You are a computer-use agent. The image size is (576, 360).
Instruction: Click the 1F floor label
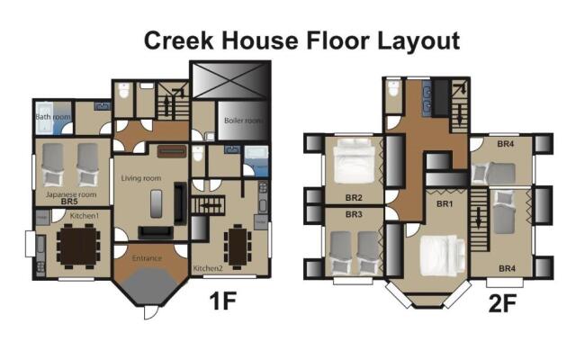pos(222,301)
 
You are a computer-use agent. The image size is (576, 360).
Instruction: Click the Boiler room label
pos(242,120)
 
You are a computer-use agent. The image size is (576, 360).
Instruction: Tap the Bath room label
pos(52,116)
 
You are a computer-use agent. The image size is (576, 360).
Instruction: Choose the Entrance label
pos(148,258)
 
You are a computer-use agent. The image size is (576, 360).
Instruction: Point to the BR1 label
pos(444,205)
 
